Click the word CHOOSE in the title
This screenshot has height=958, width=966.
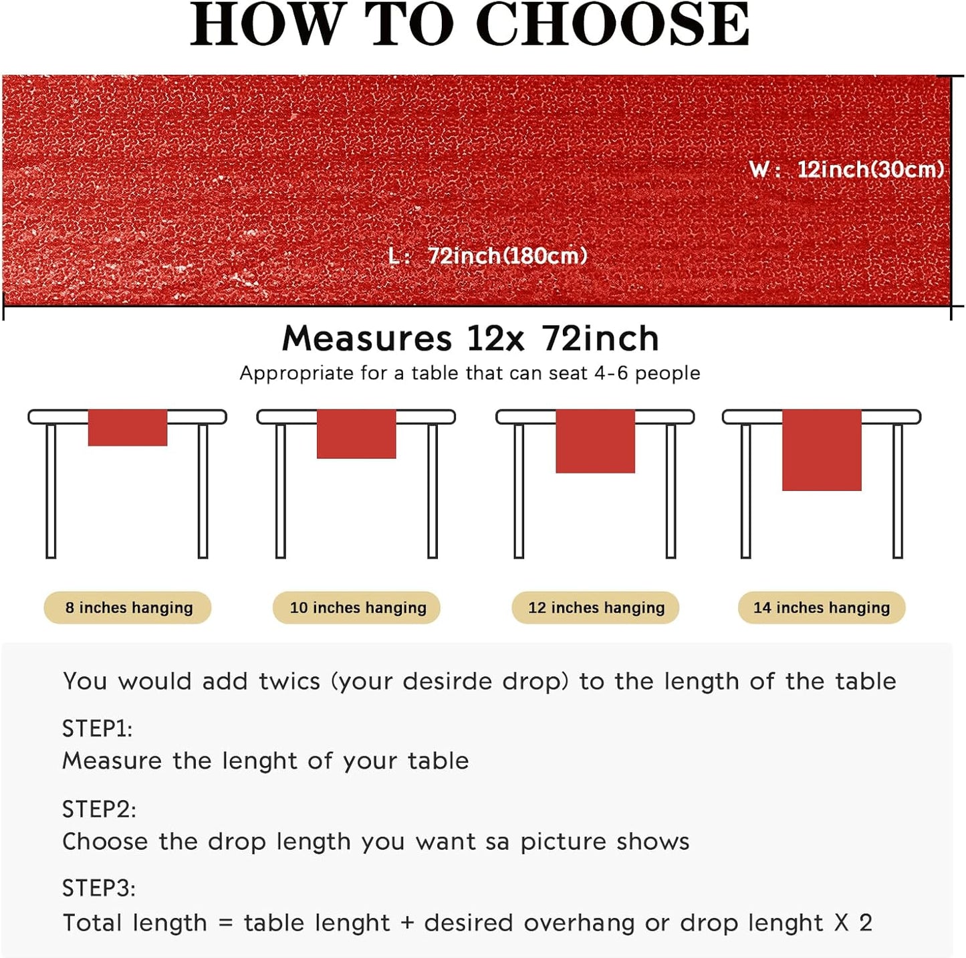tap(612, 25)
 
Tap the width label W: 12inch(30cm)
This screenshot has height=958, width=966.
tap(846, 169)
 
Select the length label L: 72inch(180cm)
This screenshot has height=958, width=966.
tap(488, 256)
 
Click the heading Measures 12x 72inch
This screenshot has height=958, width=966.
tap(471, 338)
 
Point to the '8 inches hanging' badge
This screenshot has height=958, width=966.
tap(128, 607)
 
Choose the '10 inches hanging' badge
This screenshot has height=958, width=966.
tap(357, 607)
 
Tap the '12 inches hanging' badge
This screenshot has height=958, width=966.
tap(596, 607)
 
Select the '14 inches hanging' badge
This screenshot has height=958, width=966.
tap(822, 607)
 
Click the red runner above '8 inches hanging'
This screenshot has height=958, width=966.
tap(128, 427)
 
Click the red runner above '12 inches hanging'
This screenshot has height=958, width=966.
tap(595, 441)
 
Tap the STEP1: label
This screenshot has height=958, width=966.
tap(98, 729)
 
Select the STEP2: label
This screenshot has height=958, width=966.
tap(99, 809)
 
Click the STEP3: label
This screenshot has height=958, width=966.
tap(99, 888)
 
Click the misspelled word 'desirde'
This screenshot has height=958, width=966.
tap(447, 681)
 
